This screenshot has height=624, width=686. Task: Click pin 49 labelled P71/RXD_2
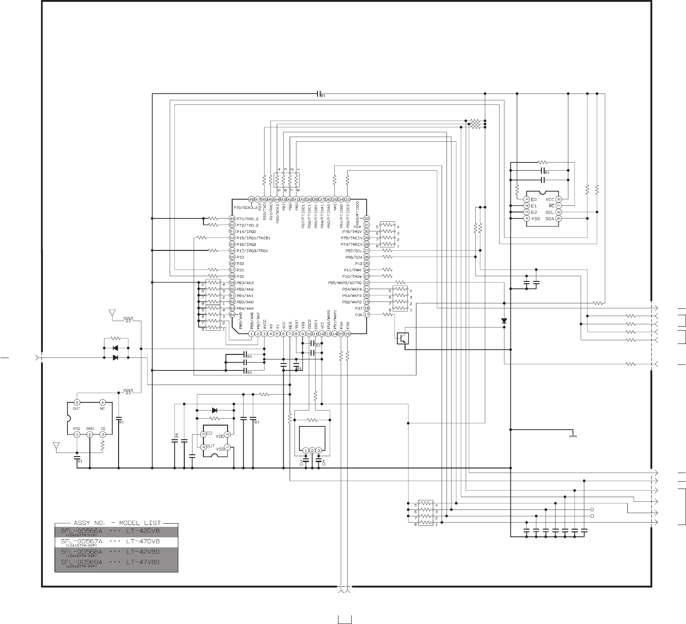point(232,218)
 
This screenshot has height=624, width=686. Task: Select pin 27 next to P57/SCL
point(366,250)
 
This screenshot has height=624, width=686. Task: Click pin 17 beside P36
point(366,315)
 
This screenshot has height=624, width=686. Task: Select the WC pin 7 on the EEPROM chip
point(559,206)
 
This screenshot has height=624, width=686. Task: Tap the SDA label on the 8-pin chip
point(549,218)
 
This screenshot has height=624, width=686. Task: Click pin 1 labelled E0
point(527,199)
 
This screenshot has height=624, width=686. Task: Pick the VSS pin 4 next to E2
point(527,218)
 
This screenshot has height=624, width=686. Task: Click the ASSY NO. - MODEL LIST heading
point(116,523)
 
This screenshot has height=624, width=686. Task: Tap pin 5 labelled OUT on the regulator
point(77,402)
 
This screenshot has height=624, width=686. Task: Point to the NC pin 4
point(103,402)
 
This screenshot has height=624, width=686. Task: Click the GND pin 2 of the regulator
point(90,434)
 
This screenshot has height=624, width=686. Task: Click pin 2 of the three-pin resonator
point(312,451)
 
